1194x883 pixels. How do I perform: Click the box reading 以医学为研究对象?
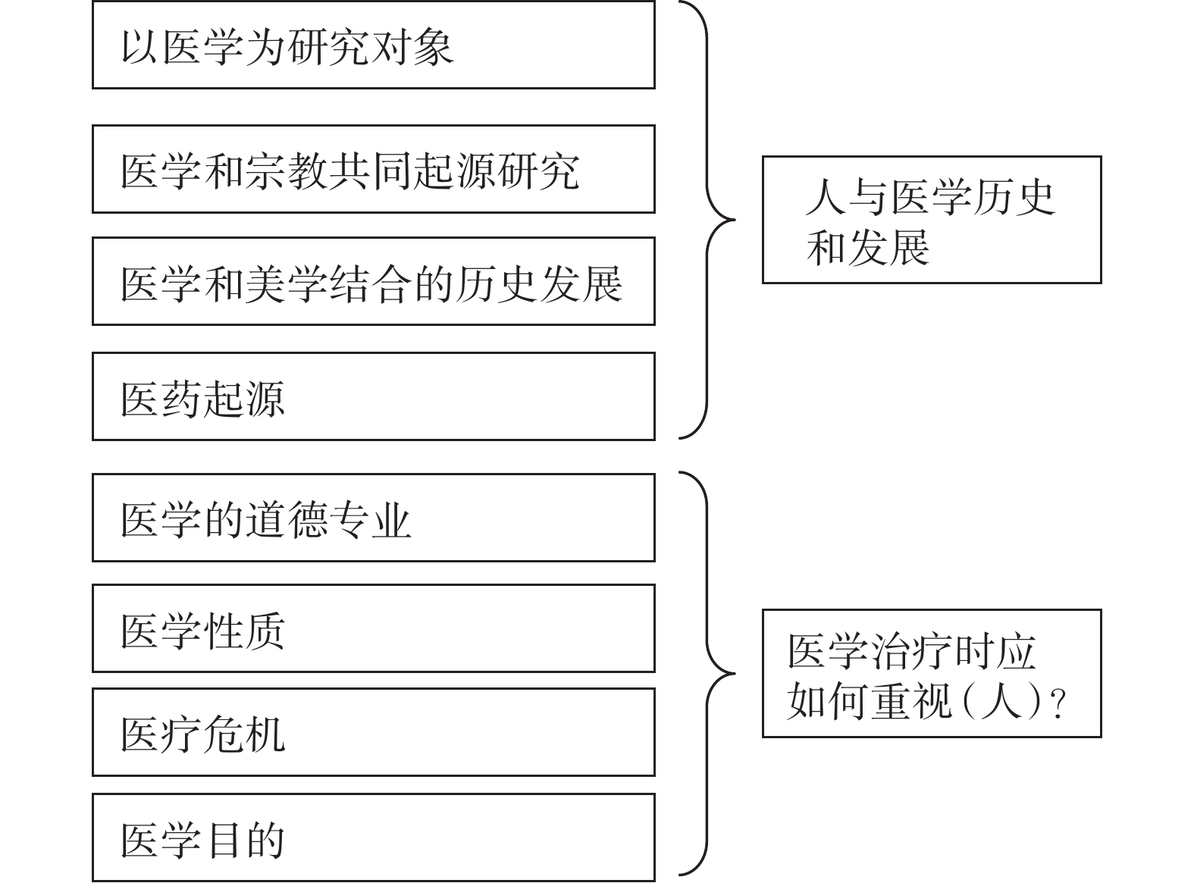pos(374,45)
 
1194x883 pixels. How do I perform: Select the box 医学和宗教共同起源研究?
pos(374,169)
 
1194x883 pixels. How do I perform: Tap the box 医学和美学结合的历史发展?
pos(374,281)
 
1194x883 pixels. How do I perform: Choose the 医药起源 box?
pos(374,396)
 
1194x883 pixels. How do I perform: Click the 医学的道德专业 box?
pos(374,518)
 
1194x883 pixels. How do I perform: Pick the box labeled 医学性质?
pos(374,628)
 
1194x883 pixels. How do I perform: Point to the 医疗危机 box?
pos(374,732)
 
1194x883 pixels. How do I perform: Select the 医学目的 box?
pos(374,838)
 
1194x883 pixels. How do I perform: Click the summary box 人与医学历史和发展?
pos(932,220)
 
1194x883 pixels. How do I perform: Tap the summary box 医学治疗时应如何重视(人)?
pos(932,674)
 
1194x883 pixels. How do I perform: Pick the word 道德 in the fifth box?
pos(287,520)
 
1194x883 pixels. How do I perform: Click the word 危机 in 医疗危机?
pos(244,734)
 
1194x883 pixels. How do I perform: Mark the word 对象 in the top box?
pos(412,48)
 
